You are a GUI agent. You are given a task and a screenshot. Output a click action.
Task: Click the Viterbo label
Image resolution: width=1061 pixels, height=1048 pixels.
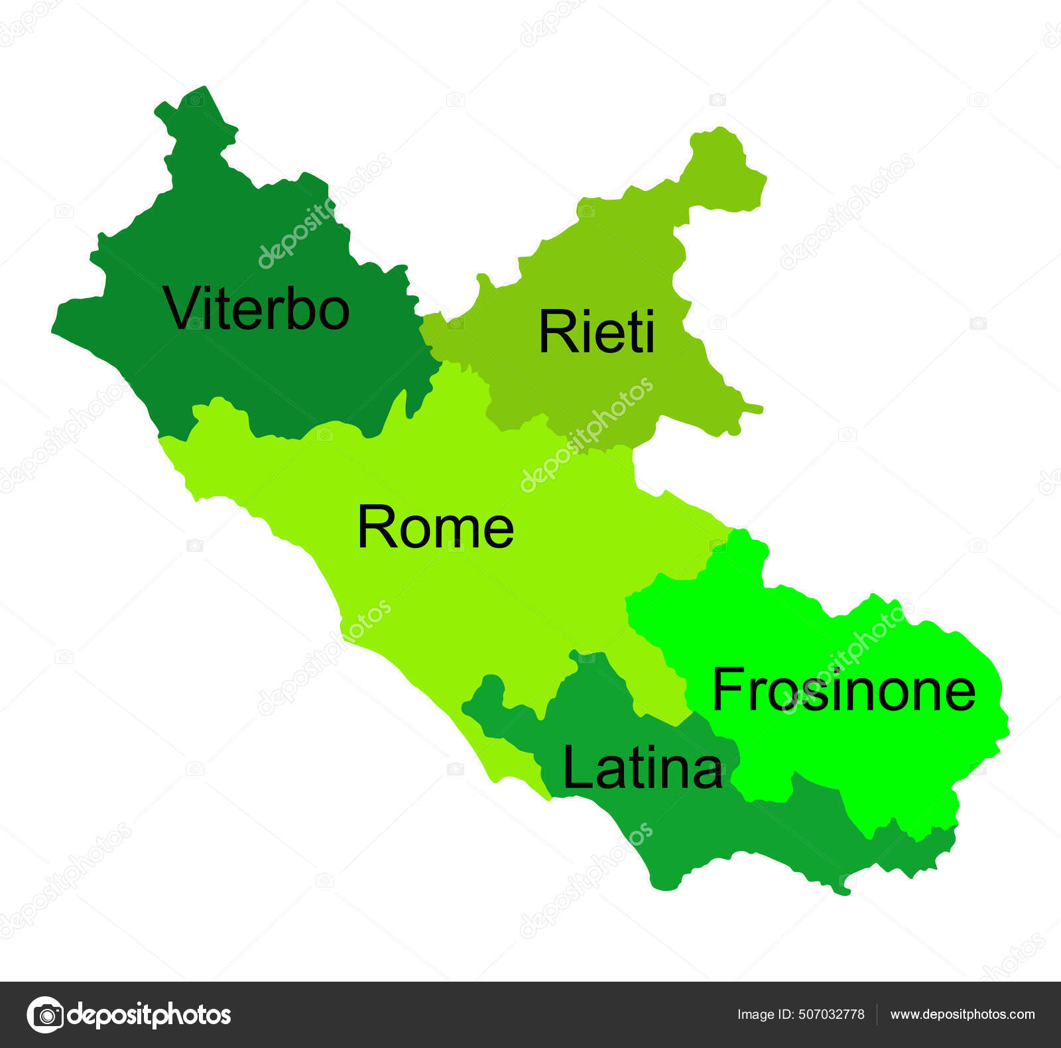pos(257,308)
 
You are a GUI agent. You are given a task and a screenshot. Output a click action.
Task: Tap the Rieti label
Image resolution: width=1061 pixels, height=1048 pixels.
pos(596,331)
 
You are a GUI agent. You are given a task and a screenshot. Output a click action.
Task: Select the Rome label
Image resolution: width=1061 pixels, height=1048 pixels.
pos(436,527)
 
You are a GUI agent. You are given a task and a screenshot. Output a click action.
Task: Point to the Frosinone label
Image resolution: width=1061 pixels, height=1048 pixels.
pos(843,690)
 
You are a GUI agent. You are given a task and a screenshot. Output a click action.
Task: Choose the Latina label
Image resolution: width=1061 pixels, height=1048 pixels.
pos(642,767)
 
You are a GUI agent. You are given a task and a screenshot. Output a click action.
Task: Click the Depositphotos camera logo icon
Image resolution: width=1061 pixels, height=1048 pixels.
pos(45,1014)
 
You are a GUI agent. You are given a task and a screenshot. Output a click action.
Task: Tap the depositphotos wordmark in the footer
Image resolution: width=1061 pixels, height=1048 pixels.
pos(149,1015)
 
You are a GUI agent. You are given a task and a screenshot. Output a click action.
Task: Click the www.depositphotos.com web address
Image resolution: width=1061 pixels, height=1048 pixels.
pos(962,1014)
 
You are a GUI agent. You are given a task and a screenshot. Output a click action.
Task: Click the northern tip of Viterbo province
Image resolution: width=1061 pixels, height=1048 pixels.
pos(202,93)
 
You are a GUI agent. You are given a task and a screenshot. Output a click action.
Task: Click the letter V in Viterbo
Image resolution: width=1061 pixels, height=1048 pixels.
pos(180,307)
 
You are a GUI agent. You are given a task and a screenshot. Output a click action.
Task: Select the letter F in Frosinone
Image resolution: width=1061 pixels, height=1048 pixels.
pos(726,690)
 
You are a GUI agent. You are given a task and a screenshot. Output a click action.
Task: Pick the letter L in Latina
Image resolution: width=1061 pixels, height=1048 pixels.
pos(576,767)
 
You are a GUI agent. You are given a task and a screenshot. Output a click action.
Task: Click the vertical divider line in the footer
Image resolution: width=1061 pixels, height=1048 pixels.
pos(877,1015)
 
